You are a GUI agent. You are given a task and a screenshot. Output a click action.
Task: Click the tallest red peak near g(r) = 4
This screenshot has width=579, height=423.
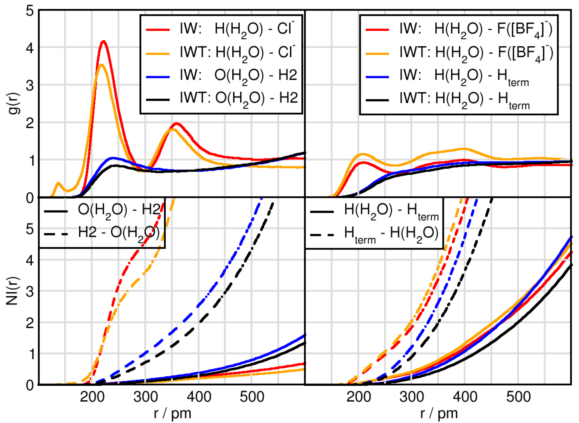[103, 41]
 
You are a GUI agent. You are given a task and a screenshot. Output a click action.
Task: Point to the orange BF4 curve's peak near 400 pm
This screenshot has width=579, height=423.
[464, 149]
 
